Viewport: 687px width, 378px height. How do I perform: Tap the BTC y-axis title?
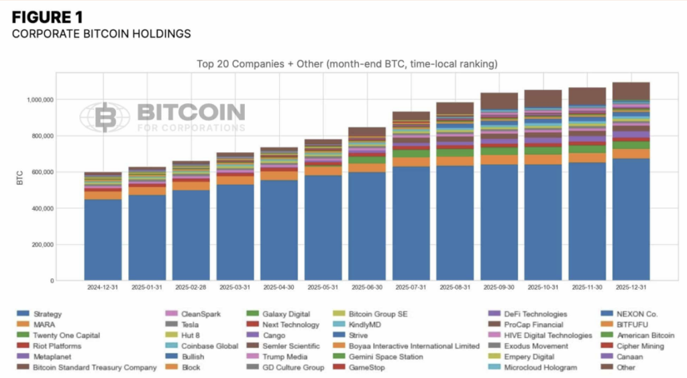pos(20,178)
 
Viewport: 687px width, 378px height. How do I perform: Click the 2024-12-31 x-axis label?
pos(103,288)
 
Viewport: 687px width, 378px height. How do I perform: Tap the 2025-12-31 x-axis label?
pos(631,288)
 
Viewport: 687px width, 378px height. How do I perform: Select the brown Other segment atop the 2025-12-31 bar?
pos(631,90)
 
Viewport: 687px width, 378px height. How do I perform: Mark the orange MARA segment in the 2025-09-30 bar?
pos(499,160)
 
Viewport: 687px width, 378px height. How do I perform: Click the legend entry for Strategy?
pos(47,314)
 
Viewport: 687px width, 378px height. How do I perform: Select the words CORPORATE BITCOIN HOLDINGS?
pos(101,34)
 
